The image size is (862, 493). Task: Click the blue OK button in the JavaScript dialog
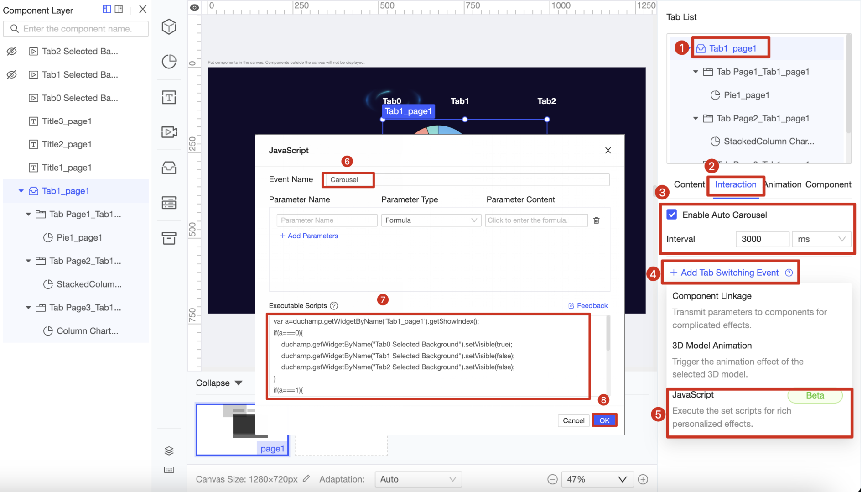604,420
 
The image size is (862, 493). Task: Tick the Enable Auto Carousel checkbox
672,215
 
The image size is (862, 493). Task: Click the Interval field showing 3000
762,239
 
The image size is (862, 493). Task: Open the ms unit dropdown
821,239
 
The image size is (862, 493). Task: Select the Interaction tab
735,184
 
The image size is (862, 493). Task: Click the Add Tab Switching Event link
729,273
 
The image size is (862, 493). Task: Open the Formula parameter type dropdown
431,220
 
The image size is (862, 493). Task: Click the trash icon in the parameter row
596,220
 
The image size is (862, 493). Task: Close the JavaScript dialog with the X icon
608,151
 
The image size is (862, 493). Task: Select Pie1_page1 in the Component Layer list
79,237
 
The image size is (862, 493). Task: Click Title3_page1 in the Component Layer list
67,121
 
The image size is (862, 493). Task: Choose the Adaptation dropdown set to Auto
418,479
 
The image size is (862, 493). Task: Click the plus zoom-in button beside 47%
643,479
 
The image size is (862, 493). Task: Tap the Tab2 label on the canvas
546,101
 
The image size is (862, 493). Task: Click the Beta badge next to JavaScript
815,395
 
